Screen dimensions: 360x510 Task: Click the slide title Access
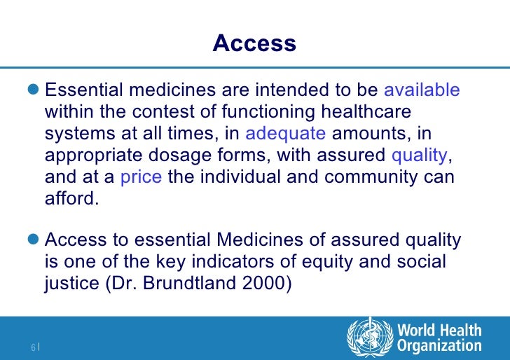254,43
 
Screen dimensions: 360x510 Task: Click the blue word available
422,90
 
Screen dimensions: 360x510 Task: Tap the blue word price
142,177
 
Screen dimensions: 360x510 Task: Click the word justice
71,284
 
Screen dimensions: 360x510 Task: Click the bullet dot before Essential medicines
35,91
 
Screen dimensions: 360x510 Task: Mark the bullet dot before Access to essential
35,242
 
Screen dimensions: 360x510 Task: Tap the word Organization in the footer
439,345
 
